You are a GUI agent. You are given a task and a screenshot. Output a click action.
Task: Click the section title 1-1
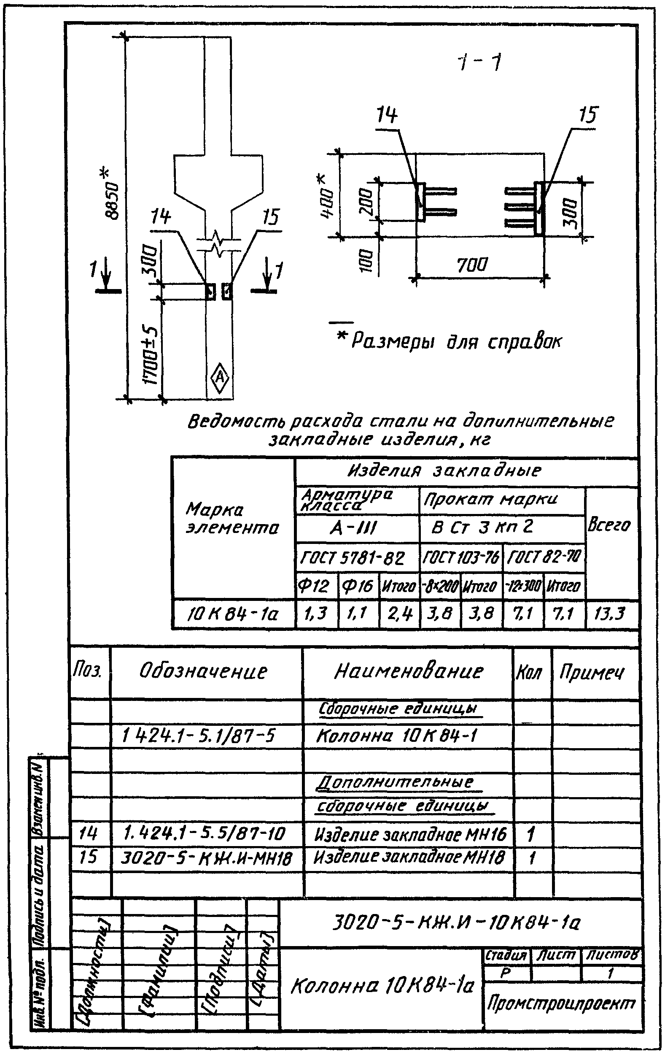(479, 63)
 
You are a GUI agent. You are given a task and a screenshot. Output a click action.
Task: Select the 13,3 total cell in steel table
(610, 614)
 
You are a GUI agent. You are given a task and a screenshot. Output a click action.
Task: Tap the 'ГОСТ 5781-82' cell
(353, 558)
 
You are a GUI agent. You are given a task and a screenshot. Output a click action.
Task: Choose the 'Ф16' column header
(357, 585)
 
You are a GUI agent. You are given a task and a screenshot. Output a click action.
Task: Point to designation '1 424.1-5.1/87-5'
(199, 736)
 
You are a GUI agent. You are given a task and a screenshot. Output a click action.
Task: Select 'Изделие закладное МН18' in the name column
(409, 857)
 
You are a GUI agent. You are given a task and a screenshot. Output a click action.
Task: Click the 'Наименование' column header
(409, 671)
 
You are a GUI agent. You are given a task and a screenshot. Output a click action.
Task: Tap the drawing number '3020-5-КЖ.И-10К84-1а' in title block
(456, 923)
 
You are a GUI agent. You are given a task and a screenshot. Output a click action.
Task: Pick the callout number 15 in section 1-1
(587, 115)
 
